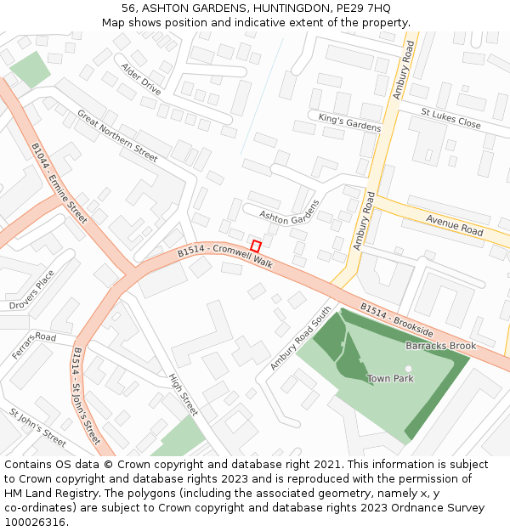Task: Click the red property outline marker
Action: coord(256,246)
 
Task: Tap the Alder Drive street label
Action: coord(140,79)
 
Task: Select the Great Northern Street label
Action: coord(117,136)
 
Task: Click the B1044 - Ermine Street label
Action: coord(60,183)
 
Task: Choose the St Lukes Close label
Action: coord(450,118)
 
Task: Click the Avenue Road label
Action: coord(454,225)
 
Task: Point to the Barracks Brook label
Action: coord(440,347)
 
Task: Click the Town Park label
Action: coord(390,378)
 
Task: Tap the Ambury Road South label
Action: coord(300,338)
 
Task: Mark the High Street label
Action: coord(183,395)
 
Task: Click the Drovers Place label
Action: coord(31,290)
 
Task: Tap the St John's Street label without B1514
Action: coord(37,427)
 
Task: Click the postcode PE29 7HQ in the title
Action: coord(363,8)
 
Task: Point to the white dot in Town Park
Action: coord(409,369)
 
